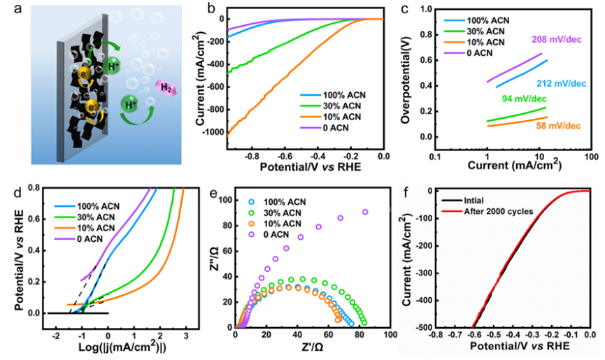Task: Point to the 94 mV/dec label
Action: click(520, 99)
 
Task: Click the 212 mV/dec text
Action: click(562, 83)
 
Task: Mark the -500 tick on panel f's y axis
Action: click(416, 326)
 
